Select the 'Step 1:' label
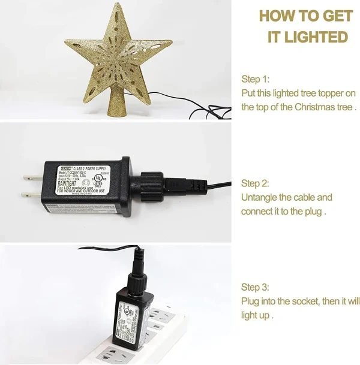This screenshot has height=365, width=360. (x=255, y=79)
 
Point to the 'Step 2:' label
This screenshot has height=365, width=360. (x=255, y=183)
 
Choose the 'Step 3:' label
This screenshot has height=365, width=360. (x=255, y=286)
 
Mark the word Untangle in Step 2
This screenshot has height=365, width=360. (x=259, y=197)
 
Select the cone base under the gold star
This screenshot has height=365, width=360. (x=115, y=104)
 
